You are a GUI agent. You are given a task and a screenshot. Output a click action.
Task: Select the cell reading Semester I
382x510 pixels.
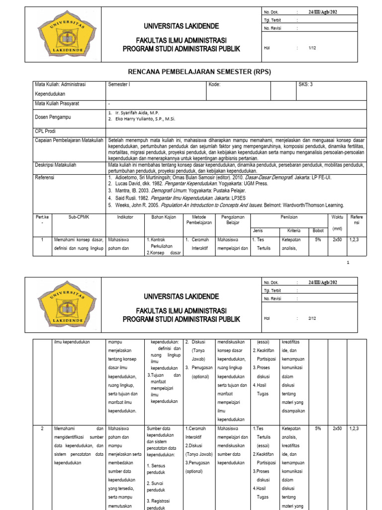coord(119,85)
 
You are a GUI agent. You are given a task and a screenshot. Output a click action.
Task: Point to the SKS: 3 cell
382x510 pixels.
coord(305,85)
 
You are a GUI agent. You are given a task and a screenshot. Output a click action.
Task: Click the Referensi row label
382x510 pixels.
coord(44,177)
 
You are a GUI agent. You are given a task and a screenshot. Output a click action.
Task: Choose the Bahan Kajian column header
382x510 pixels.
coord(163,217)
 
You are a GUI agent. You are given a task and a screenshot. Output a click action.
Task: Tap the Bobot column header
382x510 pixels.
coord(317,231)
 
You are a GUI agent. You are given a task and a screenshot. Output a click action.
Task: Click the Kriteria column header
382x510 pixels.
coord(293,231)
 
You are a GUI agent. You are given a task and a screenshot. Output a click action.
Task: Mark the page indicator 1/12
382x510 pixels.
coord(312,48)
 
